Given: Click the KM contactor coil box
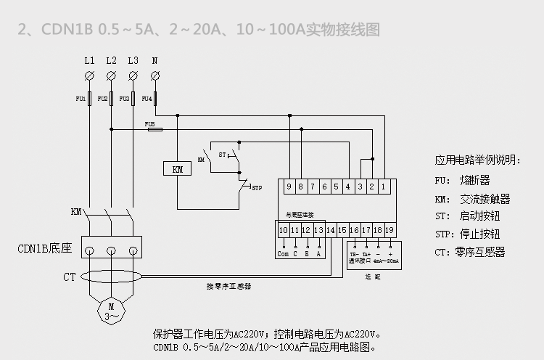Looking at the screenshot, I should (178, 169).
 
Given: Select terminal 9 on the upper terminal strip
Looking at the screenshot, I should (289, 187).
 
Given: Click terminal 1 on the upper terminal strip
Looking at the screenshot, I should (383, 187).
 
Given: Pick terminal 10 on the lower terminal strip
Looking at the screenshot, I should (284, 230).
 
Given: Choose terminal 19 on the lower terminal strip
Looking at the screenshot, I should (390, 230).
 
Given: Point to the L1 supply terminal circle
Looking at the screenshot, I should (89, 75).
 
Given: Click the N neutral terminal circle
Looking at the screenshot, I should (154, 75).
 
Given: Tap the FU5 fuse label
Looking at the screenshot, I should (151, 124).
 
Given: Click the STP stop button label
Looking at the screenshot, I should (256, 188).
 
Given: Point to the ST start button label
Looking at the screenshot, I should (223, 155).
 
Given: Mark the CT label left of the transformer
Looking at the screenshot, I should (70, 277).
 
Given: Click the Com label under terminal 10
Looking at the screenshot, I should (283, 253).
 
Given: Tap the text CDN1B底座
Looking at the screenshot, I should (44, 249).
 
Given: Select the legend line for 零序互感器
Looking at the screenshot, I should (469, 253).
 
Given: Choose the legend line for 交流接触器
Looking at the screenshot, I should (472, 198).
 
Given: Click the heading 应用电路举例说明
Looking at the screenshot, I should (477, 160).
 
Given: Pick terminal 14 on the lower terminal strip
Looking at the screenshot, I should (331, 230).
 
